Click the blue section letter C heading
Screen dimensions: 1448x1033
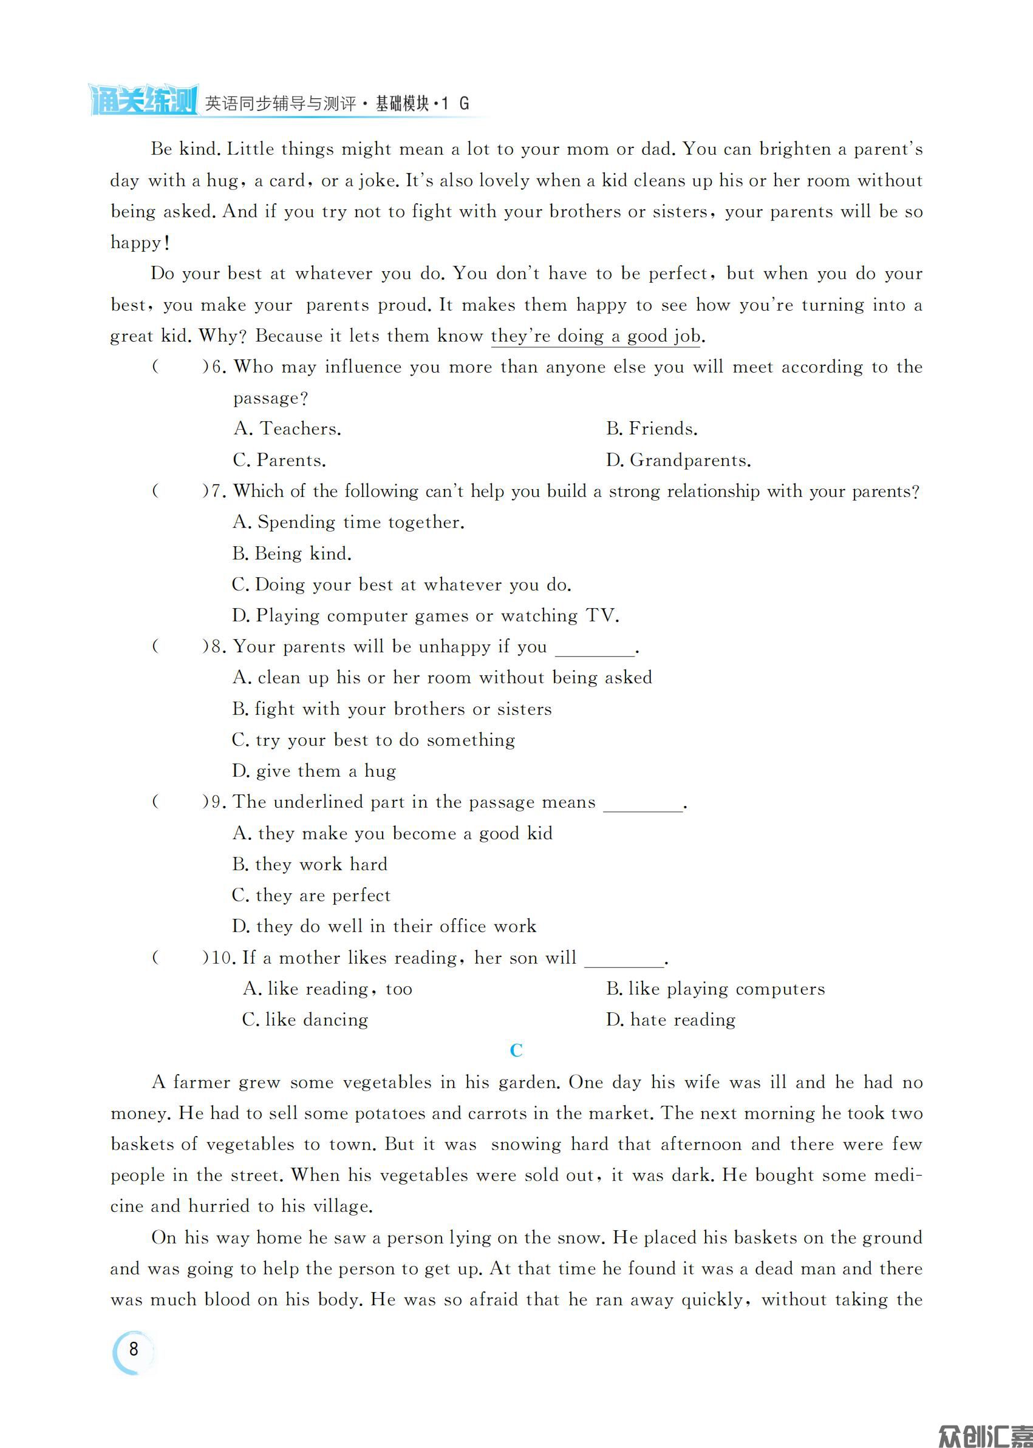click(516, 1050)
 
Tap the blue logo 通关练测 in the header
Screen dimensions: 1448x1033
click(143, 100)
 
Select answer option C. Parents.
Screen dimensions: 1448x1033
click(279, 460)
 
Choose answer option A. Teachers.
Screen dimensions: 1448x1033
click(287, 429)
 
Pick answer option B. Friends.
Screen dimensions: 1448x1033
click(652, 429)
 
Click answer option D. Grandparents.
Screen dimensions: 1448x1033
click(678, 460)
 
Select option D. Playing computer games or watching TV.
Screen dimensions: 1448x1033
click(425, 616)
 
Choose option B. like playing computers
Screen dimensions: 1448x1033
click(715, 989)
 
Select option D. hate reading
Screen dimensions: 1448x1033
click(670, 1020)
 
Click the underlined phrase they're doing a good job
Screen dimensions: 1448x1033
click(595, 336)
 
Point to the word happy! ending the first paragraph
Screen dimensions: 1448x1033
click(140, 243)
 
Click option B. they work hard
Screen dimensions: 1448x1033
click(310, 864)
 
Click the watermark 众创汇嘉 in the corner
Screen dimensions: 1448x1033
click(984, 1435)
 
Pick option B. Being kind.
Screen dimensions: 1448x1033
click(292, 553)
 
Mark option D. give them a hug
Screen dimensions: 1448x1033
click(314, 771)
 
